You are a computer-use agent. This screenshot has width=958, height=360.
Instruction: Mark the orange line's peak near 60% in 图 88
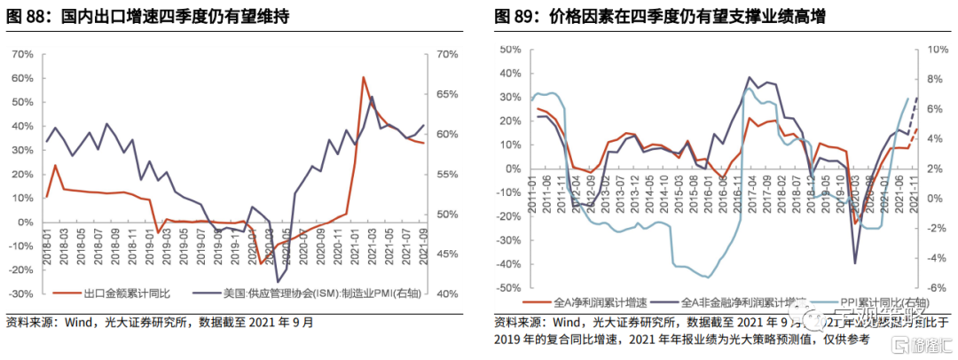point(364,77)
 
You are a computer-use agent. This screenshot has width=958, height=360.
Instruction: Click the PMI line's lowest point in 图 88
point(278,282)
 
